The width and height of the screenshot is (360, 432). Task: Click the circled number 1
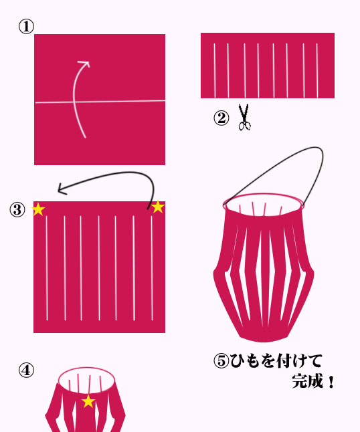26,27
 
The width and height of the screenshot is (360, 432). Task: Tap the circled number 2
221,118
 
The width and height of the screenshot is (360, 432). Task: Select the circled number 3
17,210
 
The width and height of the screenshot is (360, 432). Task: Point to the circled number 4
26,370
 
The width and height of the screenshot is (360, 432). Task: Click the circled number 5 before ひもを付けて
221,360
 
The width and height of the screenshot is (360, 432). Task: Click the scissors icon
244,117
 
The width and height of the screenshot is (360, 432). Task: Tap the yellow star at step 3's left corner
38,209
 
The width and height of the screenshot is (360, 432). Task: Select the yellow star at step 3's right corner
158,207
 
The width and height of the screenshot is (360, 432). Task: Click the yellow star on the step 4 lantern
88,401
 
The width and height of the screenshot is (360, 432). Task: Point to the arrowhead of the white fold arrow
85,64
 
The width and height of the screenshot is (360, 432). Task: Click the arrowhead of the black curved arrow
62,189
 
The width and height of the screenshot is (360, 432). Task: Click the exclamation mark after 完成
331,382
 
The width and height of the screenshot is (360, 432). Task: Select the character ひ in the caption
238,360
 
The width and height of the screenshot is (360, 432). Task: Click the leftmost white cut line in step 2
214,70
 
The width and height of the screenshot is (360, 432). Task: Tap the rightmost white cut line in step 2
317,70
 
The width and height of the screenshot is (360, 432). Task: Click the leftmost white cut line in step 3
47,268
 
